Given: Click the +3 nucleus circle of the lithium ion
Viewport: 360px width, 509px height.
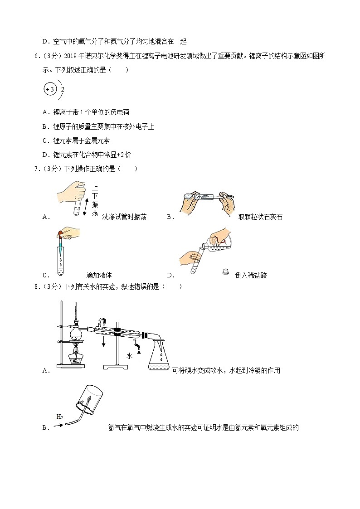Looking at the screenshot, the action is click(x=49, y=89).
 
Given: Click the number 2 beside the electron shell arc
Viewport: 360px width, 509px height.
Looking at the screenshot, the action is click(x=63, y=90).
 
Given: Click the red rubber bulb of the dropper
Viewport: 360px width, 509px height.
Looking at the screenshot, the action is click(x=60, y=234).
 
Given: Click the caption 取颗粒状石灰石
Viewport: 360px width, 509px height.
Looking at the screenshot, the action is click(x=260, y=217).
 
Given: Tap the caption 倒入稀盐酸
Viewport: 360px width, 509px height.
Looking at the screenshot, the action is click(x=251, y=275).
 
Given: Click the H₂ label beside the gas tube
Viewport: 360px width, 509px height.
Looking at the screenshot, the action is click(x=59, y=417).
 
